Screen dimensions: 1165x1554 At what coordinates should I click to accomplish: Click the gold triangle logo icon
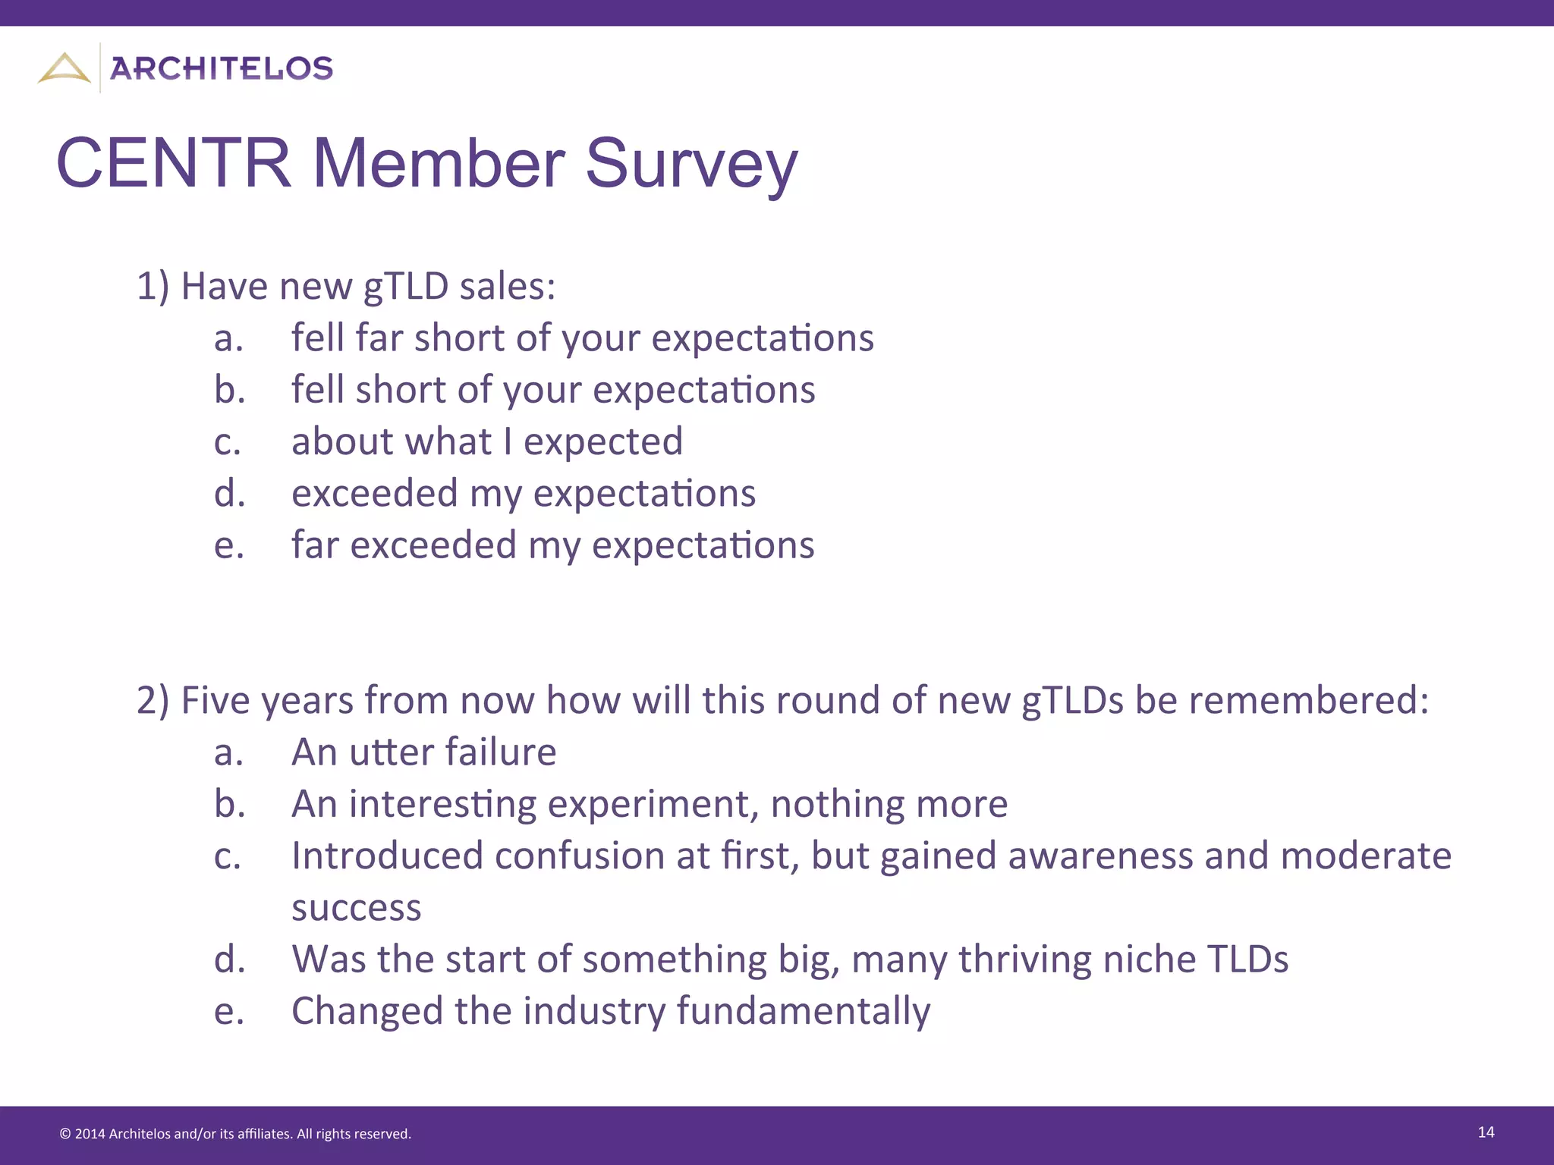coord(64,68)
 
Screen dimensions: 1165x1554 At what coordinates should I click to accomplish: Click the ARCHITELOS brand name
coord(222,69)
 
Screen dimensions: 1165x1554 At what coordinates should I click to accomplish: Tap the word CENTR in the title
coord(174,164)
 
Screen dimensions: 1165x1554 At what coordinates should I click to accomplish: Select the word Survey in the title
coord(691,164)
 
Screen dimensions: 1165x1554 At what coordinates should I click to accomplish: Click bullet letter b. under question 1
coord(229,390)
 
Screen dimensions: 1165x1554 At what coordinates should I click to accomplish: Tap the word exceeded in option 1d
coord(374,494)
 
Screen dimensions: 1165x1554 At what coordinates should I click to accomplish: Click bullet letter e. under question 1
coord(229,545)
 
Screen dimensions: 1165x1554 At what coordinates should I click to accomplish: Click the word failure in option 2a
coord(501,752)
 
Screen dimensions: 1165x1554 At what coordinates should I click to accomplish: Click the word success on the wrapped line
coord(356,908)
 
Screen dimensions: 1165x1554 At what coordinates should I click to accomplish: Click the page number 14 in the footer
coord(1486,1132)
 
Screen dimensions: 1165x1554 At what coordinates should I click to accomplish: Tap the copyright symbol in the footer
coord(65,1135)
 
